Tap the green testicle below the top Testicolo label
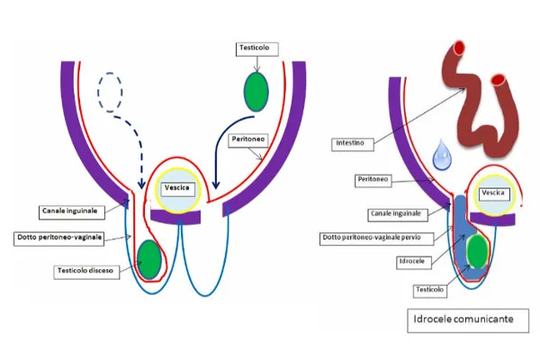pyautogui.click(x=257, y=92)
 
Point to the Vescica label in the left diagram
pyautogui.click(x=175, y=187)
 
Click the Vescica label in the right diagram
pyautogui.click(x=494, y=193)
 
